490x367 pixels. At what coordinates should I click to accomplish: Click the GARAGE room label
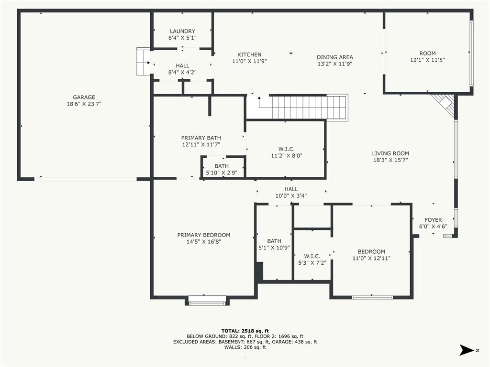pyautogui.click(x=84, y=97)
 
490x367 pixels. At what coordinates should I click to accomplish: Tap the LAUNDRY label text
pyautogui.click(x=182, y=31)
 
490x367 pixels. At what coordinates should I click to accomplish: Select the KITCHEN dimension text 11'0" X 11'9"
pyautogui.click(x=249, y=61)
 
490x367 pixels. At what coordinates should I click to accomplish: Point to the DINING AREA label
pyautogui.click(x=335, y=57)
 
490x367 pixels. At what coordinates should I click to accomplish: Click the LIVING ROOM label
pyautogui.click(x=390, y=153)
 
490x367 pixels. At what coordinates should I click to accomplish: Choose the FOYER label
pyautogui.click(x=433, y=220)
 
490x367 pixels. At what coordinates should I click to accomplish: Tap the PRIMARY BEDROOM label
pyautogui.click(x=204, y=235)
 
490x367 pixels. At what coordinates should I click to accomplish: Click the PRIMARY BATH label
pyautogui.click(x=201, y=138)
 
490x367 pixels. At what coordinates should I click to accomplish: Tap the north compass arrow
pyautogui.click(x=467, y=350)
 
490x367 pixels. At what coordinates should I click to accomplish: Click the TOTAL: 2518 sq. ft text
pyautogui.click(x=245, y=331)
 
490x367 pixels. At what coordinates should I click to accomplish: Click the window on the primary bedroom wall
pyautogui.click(x=207, y=302)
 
